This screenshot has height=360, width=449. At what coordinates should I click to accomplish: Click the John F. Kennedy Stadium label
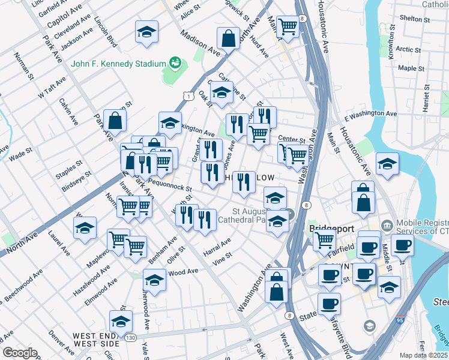(118, 64)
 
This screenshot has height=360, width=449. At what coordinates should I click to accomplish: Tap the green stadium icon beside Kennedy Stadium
(175, 62)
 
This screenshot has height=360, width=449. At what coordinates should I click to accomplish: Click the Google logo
(19, 353)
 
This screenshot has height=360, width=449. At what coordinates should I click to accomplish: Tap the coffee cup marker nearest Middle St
(402, 245)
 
